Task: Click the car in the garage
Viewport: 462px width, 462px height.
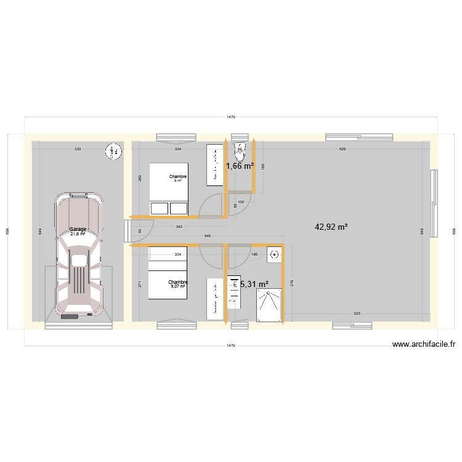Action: (78, 256)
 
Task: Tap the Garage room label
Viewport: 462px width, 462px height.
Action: (78, 229)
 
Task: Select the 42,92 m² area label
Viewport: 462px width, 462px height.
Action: (331, 227)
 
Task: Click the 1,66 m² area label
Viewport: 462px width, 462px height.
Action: (240, 166)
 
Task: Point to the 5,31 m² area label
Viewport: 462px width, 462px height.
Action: (254, 284)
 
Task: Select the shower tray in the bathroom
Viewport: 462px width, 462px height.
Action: (269, 305)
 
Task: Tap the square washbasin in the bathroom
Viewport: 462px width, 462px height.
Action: (274, 254)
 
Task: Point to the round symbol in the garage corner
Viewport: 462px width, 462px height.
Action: (113, 151)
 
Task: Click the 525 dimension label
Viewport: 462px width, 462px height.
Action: (357, 314)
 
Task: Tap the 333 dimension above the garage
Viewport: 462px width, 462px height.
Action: (78, 150)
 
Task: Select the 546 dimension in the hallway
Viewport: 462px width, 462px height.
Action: (208, 236)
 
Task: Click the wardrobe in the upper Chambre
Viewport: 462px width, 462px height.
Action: (214, 164)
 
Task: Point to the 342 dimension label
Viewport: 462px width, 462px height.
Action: (179, 227)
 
